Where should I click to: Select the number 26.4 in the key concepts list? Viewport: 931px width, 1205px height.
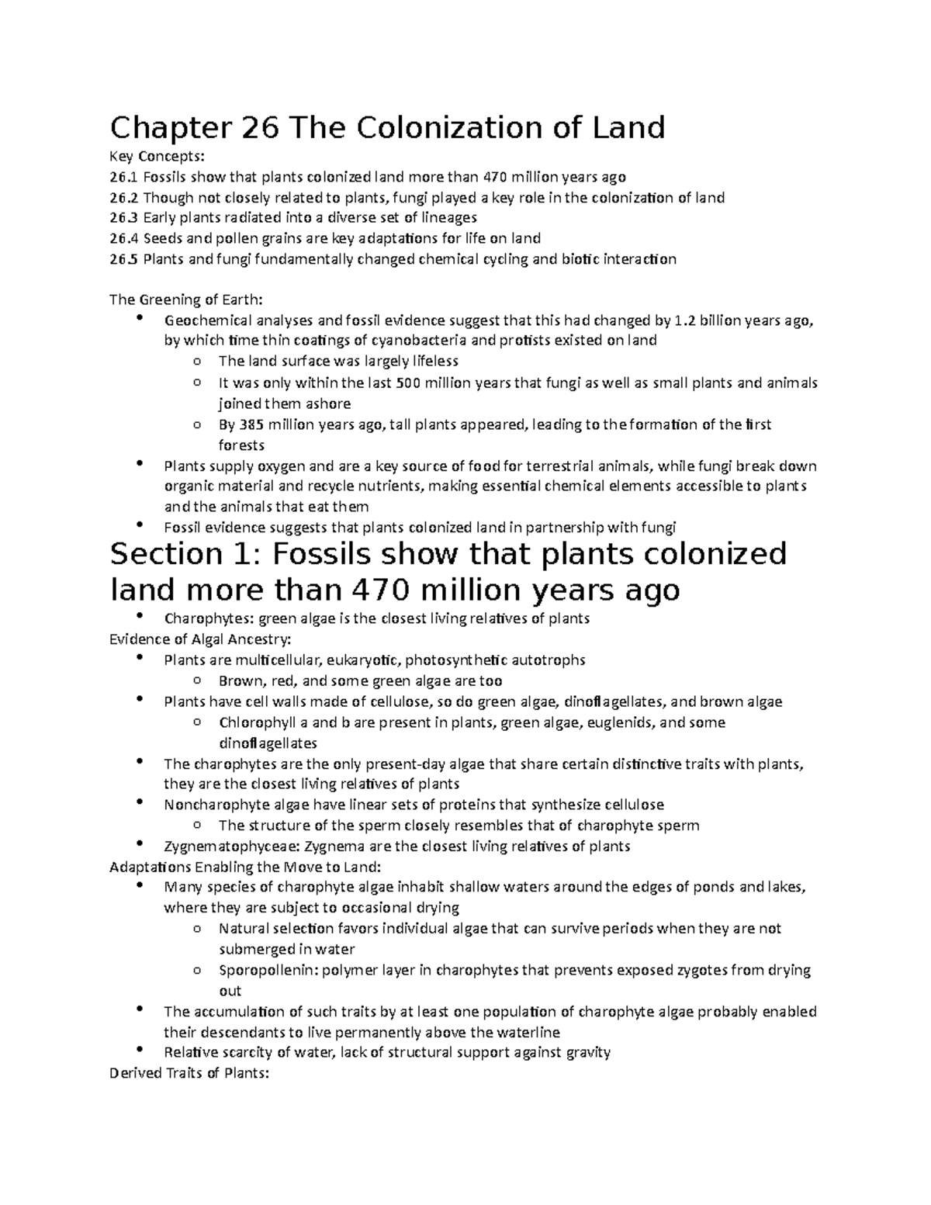click(124, 238)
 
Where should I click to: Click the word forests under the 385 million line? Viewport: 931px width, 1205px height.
click(241, 445)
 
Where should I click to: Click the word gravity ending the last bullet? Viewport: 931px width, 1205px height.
click(589, 1052)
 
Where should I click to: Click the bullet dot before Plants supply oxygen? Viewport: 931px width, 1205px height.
click(140, 464)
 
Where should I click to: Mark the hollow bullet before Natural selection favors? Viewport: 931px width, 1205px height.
click(198, 928)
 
